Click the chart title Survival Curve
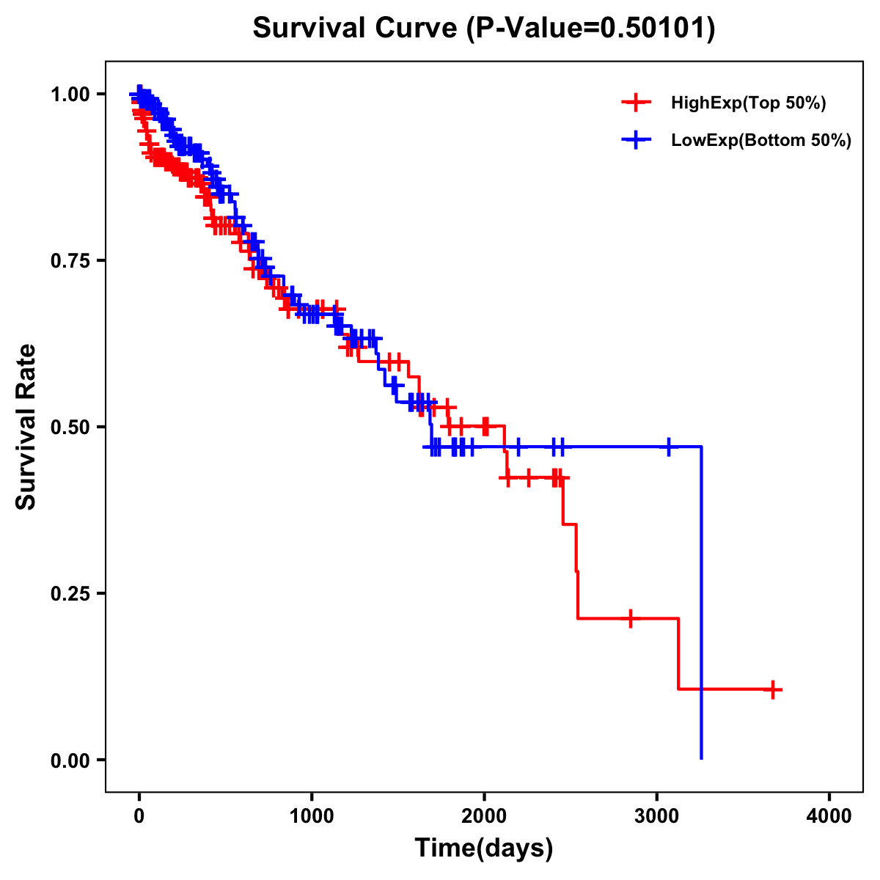click(x=483, y=29)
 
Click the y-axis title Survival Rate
click(x=26, y=426)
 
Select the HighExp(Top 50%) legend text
click(x=748, y=103)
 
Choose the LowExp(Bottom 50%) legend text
click(x=761, y=141)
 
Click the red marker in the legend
click(x=636, y=103)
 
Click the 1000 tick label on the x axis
click(x=312, y=816)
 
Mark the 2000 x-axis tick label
click(x=484, y=816)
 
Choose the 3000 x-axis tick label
click(x=657, y=816)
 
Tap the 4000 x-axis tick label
click(x=829, y=816)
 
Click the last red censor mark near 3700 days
click(x=773, y=689)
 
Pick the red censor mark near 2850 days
click(x=630, y=618)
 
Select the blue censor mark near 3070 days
click(x=669, y=446)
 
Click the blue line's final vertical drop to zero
click(x=702, y=601)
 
